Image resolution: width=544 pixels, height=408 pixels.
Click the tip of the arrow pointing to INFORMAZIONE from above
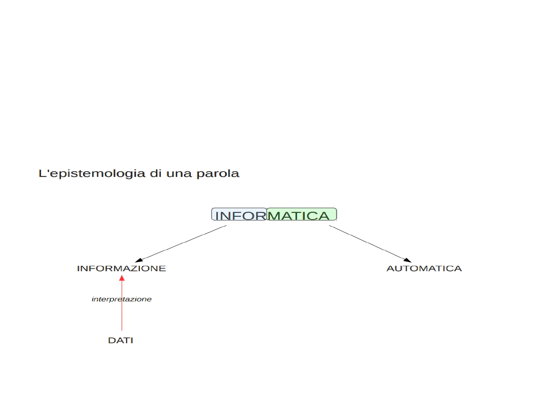[135, 262]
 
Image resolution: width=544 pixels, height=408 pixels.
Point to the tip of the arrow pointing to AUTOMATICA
[412, 262]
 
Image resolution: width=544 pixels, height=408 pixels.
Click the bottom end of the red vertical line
[122, 331]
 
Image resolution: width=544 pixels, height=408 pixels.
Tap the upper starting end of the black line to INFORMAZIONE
[226, 226]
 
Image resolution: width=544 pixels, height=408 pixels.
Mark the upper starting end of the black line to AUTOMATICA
[329, 226]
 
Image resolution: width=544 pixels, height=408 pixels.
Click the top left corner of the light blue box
[211, 208]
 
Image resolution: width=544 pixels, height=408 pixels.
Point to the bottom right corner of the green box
[336, 220]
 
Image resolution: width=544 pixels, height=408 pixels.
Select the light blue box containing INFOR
[239, 214]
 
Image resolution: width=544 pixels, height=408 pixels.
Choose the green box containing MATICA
[301, 214]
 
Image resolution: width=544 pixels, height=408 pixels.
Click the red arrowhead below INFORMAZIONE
[122, 278]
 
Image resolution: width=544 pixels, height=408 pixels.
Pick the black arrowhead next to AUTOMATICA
[408, 260]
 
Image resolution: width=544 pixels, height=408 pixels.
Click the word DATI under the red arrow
[121, 340]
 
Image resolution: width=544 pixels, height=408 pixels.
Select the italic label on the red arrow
[121, 299]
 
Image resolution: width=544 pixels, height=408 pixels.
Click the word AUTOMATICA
[424, 268]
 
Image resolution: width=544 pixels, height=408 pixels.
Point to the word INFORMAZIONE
[121, 268]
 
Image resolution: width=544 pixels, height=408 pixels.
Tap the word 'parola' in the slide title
[218, 174]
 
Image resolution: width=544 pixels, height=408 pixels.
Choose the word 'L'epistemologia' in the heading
[92, 173]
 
